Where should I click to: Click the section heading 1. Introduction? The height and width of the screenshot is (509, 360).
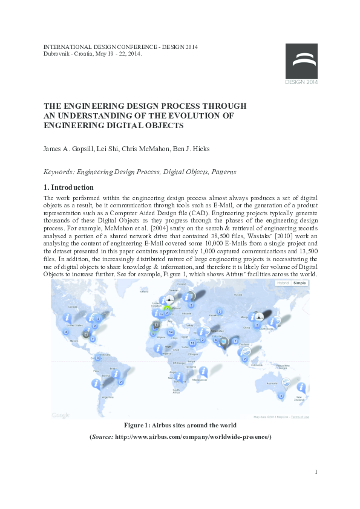pos(68,187)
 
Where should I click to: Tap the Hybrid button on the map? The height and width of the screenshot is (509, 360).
pos(283,283)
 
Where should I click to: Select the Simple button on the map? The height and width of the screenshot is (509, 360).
pos(299,283)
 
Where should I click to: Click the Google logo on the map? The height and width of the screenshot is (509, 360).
pos(61,415)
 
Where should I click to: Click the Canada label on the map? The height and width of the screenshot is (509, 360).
pos(73,306)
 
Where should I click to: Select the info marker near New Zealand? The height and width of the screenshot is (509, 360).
pos(300,387)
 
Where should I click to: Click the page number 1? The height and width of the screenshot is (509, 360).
pos(316,472)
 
